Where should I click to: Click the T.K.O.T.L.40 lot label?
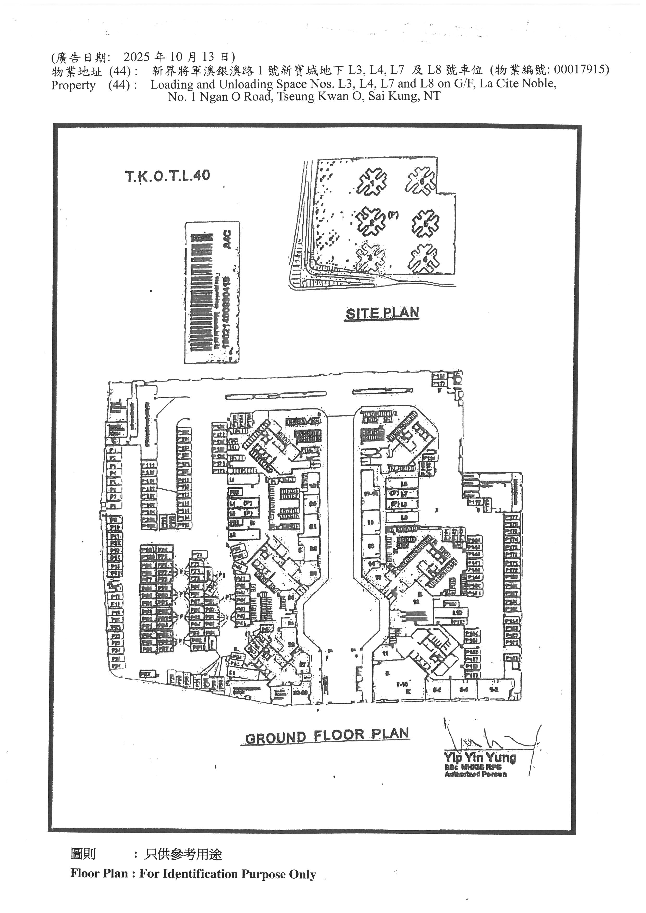pos(167,176)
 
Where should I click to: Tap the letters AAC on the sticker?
pos(227,240)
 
